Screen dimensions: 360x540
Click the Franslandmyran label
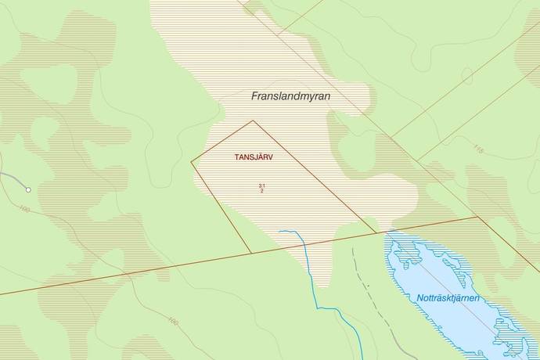(x=291, y=97)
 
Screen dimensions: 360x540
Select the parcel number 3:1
(x=261, y=185)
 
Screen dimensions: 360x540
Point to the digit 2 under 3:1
(x=261, y=191)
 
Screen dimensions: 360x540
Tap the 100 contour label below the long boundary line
(x=173, y=320)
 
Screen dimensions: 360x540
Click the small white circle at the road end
(x=28, y=189)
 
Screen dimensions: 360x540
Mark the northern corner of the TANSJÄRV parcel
(x=253, y=121)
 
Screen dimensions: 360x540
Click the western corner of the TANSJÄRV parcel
(x=192, y=162)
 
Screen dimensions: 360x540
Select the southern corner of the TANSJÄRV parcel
(x=250, y=254)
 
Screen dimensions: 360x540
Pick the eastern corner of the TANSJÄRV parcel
(x=376, y=232)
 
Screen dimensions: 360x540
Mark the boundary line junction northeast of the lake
(x=477, y=217)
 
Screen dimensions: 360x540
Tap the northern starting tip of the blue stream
(x=279, y=231)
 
